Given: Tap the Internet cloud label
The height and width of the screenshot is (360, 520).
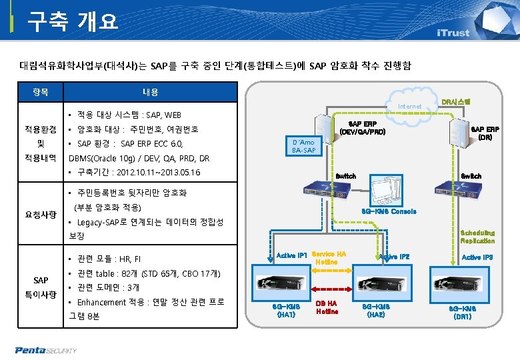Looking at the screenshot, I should click(x=409, y=107).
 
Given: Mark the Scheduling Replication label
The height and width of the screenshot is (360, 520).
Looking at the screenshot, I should click(x=477, y=237).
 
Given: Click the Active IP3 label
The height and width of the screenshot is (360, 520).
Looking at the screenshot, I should click(x=477, y=257).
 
